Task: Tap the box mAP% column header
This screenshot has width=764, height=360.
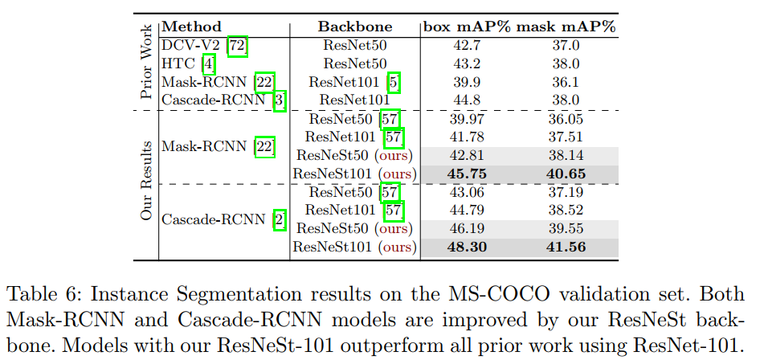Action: (467, 27)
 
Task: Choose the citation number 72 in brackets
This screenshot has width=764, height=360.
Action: (238, 46)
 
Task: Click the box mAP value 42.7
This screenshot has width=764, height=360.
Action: (467, 46)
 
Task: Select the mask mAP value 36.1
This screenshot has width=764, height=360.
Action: (566, 82)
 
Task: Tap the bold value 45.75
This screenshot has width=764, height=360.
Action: (467, 173)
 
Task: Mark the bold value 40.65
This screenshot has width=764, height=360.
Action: (566, 173)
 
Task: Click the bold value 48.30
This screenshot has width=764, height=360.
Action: (467, 246)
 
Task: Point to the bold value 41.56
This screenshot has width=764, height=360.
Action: (566, 246)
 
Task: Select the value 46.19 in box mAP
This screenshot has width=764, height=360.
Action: (467, 228)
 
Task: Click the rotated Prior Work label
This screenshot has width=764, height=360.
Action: (146, 63)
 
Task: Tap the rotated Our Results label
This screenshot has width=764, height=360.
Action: (146, 182)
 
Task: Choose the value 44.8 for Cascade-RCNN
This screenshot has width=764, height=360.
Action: (467, 100)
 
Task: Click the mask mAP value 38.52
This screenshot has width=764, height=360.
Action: (566, 210)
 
